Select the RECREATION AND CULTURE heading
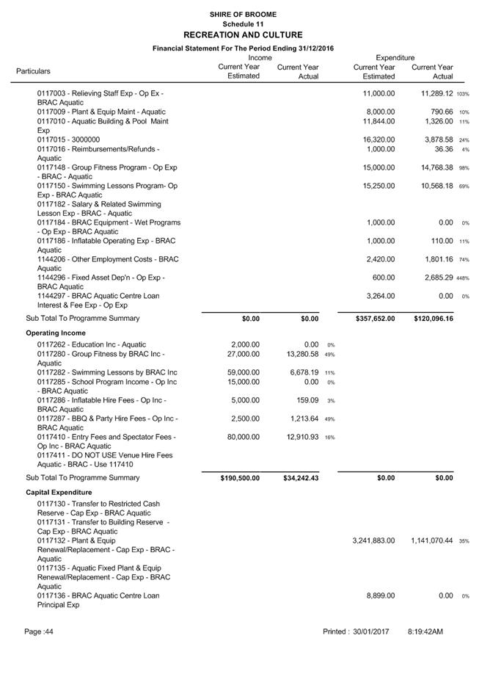point(242,35)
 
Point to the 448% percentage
point(462,278)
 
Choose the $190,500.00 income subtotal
point(240,478)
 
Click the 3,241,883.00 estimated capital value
point(374,540)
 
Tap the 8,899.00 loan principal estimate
point(380,596)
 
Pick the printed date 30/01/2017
point(370,631)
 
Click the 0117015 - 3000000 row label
point(68,140)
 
